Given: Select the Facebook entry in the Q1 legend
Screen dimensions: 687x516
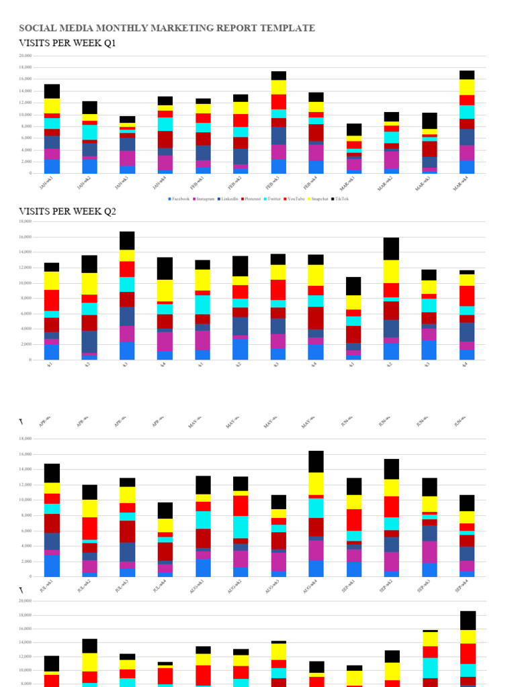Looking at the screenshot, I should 179,199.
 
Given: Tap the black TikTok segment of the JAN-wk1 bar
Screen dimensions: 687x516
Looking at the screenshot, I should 52,91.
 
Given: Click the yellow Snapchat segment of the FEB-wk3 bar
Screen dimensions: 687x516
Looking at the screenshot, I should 279,87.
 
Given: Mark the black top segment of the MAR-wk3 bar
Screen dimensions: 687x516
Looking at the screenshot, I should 429,121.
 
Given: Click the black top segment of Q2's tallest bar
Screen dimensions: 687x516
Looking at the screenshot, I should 128,241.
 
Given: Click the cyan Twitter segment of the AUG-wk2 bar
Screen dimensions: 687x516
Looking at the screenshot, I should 241,527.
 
